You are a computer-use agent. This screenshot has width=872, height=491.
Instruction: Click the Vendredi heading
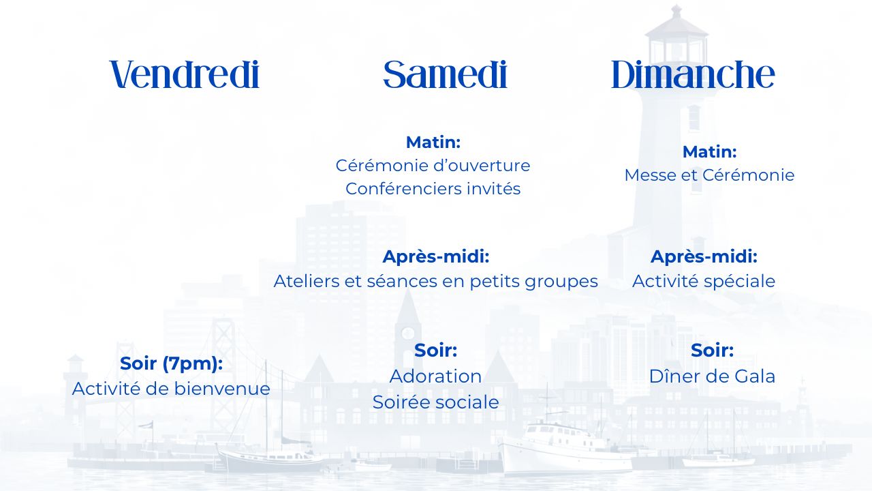[x=185, y=74]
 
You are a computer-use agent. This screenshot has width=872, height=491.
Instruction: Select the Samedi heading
[x=445, y=74]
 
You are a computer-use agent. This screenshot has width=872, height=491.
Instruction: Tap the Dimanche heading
[x=693, y=74]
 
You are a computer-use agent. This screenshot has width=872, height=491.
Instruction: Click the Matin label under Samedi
[x=433, y=143]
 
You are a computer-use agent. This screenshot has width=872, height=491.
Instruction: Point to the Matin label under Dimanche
[x=710, y=151]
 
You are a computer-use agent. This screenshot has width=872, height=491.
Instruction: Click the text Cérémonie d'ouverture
[x=433, y=166]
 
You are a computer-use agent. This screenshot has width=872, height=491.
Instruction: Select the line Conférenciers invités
[x=433, y=189]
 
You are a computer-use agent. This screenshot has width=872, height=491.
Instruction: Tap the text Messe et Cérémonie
[x=709, y=175]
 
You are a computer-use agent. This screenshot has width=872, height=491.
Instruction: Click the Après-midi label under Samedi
[x=436, y=257]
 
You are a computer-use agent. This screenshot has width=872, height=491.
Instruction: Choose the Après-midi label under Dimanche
[x=704, y=257]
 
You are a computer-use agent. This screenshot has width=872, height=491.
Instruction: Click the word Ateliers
[x=307, y=281]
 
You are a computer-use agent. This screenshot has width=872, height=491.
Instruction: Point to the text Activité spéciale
[x=704, y=282]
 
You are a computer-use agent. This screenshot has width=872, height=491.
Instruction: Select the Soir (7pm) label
[x=171, y=363]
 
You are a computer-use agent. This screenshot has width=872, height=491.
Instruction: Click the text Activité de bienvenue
[x=171, y=389]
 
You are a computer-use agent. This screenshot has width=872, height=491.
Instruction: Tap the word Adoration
[x=435, y=376]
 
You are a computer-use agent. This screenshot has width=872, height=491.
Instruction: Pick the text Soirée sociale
[x=435, y=402]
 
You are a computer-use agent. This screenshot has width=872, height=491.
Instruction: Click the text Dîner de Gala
[x=712, y=376]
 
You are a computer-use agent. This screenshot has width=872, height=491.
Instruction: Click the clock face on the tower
[x=407, y=333]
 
